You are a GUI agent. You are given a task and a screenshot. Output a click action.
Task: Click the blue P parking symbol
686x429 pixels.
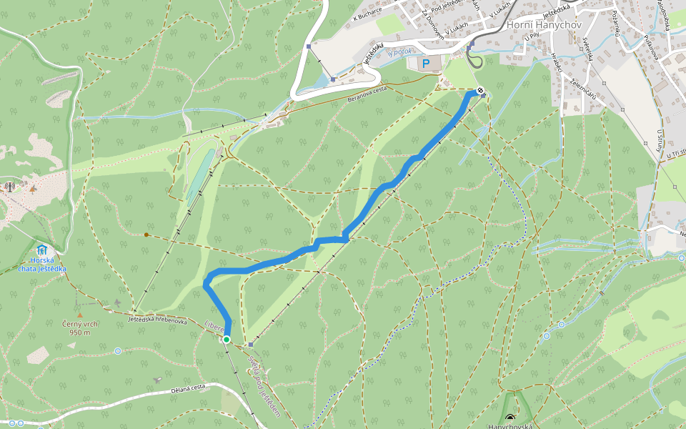pyautogui.click(x=426, y=64)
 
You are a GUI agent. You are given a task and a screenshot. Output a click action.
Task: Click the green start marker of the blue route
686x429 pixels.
pyautogui.click(x=227, y=339)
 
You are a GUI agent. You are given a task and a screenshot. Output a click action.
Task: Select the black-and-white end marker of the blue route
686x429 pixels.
pyautogui.click(x=479, y=91)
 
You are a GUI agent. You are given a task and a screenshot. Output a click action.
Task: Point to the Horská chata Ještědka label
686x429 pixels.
pyautogui.click(x=42, y=265)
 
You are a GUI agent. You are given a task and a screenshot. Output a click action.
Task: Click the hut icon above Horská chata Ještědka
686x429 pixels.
pyautogui.click(x=42, y=250)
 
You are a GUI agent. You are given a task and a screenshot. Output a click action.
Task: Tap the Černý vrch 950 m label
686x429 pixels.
pyautogui.click(x=80, y=328)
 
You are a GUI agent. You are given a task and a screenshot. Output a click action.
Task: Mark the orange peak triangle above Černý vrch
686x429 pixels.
pyautogui.click(x=80, y=315)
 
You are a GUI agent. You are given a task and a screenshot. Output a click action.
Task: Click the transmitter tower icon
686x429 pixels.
pyautogui.click(x=10, y=187)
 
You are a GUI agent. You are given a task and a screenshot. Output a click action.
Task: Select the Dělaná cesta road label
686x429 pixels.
pyautogui.click(x=189, y=388)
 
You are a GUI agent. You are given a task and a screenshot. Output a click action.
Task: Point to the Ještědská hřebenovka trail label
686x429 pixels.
pyautogui.click(x=157, y=321)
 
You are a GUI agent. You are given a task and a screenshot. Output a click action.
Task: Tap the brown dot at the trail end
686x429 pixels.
pyautogui.click(x=146, y=235)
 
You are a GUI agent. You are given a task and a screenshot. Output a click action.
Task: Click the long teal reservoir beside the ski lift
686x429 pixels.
pyautogui.click(x=199, y=174)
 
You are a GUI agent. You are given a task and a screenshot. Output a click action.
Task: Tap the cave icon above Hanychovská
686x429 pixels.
pyautogui.click(x=509, y=417)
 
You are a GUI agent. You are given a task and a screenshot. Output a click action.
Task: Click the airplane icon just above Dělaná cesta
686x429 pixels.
pyautogui.click(x=158, y=380)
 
